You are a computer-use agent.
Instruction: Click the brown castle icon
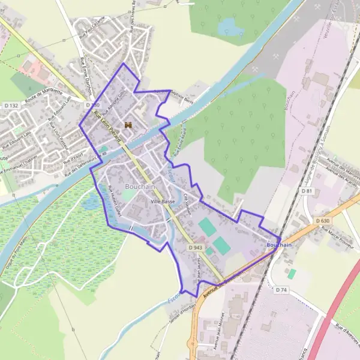[x=128, y=125]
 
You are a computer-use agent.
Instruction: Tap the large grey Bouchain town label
[x=140, y=187]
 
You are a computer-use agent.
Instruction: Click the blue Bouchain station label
[x=278, y=245]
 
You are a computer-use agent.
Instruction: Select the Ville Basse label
[x=163, y=202]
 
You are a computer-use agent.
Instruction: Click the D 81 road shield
[x=307, y=191]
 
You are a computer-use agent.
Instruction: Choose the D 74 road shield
[x=282, y=290]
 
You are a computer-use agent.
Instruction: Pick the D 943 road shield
[x=195, y=247]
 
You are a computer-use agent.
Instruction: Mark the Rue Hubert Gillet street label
[x=115, y=200]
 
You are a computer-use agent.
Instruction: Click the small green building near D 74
[x=292, y=274]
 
